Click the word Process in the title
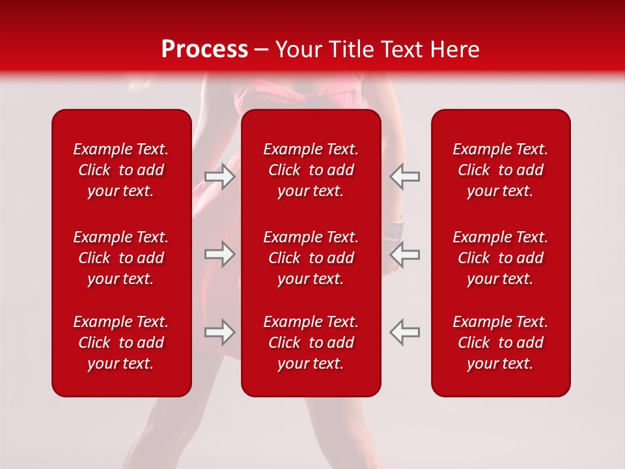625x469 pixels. pos(204,50)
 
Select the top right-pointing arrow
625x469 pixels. pos(220,177)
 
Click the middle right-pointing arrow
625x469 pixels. pos(220,254)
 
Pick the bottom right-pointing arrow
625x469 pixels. pos(220,332)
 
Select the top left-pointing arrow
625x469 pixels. pos(404,177)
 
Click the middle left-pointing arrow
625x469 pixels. pos(404,254)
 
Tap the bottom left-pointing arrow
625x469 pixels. pos(404,332)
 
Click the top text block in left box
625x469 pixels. pos(121,170)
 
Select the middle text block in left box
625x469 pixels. pos(121,258)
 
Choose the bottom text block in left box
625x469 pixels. pos(121,343)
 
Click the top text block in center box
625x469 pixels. pos(311,170)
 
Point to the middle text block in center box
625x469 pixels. pos(311,258)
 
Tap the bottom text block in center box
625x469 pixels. pos(311,343)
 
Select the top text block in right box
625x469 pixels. pos(500,170)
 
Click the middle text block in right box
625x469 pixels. pos(500,258)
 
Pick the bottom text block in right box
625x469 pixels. pos(500,343)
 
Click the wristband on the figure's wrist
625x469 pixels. pos(393,229)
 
